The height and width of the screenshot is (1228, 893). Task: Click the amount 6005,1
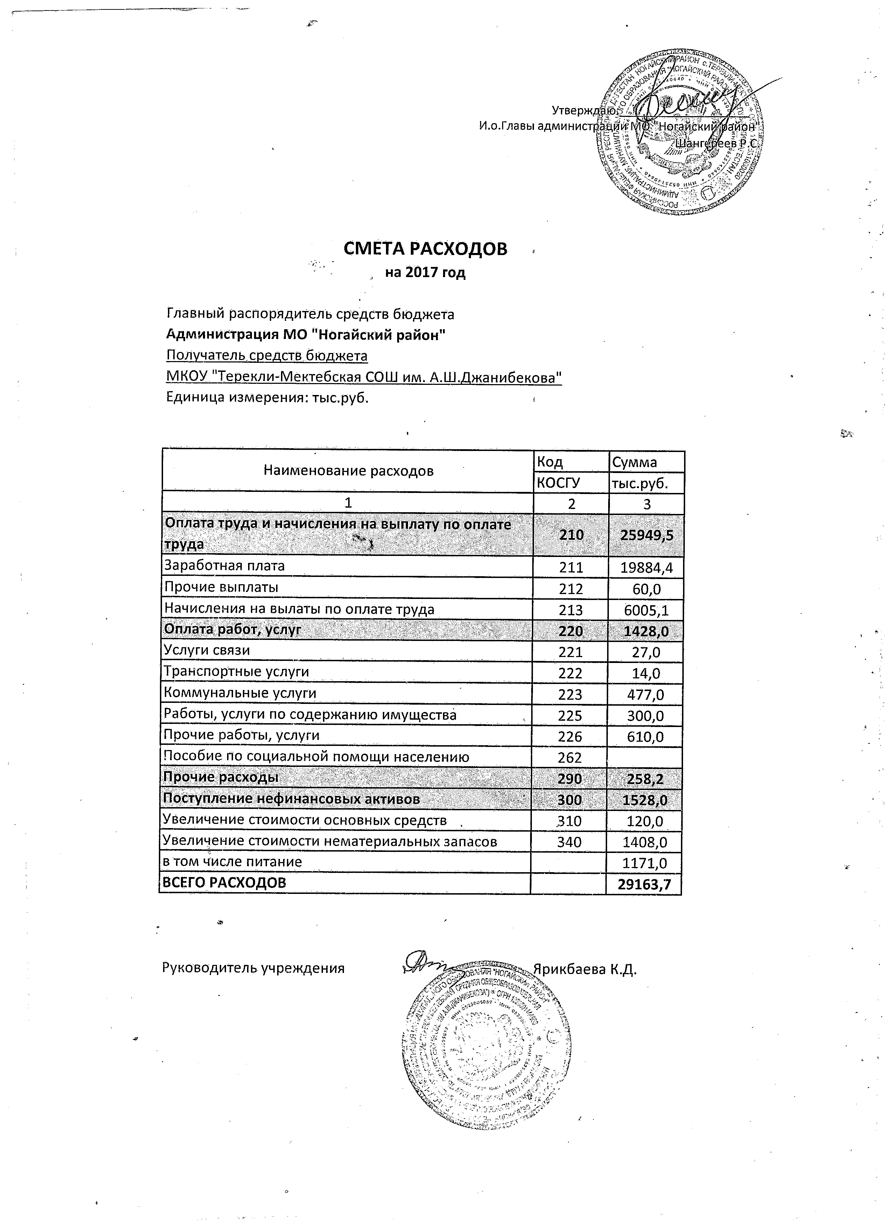[x=646, y=610]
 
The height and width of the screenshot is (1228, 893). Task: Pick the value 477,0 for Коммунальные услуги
[x=646, y=694]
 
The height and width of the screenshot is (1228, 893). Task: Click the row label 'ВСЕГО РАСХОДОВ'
[x=225, y=883]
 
